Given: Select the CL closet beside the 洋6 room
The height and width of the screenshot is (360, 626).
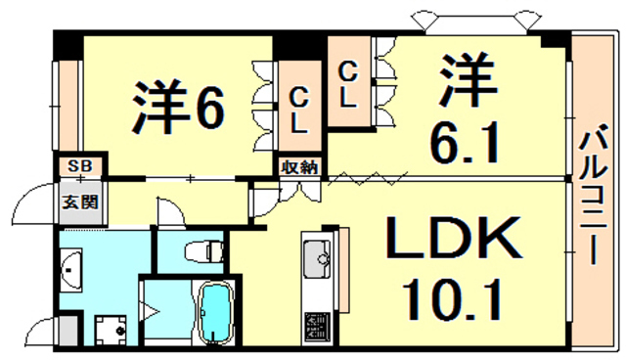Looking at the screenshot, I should [300, 110].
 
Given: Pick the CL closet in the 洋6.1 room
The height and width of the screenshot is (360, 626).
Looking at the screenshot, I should [348, 84].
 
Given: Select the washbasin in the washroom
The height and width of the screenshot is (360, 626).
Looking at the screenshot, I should [72, 265].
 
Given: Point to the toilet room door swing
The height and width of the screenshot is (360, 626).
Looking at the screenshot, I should [167, 209].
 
